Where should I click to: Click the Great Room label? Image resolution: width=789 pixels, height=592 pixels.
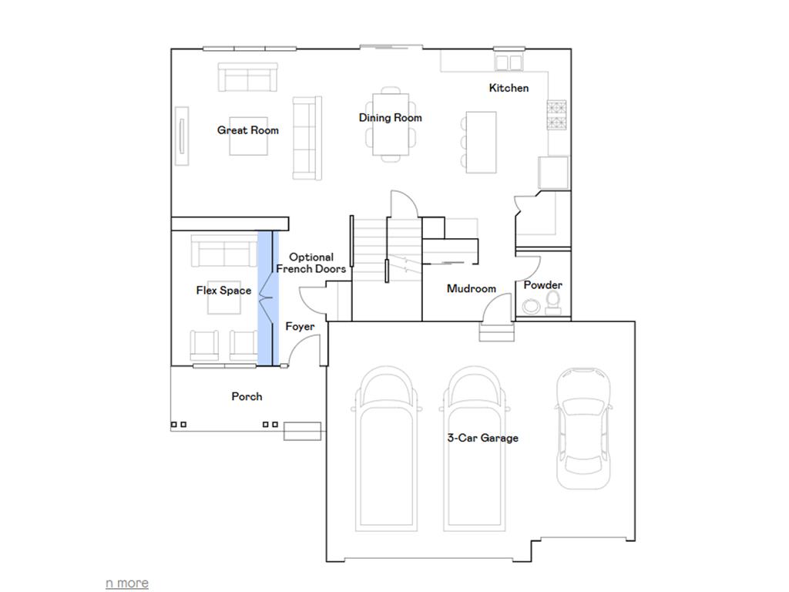tap(247, 130)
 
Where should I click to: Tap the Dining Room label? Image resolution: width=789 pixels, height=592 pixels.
tap(390, 118)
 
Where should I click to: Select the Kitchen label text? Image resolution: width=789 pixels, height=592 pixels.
tap(509, 88)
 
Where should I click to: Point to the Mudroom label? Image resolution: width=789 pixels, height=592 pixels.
tap(472, 288)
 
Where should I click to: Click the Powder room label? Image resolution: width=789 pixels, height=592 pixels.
tap(543, 285)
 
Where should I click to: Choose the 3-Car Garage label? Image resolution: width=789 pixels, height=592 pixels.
tap(482, 438)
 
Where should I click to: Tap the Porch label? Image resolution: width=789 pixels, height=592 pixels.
tap(247, 397)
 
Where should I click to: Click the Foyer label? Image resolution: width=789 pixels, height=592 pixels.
tap(300, 327)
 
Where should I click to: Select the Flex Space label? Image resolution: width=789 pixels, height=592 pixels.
tap(223, 291)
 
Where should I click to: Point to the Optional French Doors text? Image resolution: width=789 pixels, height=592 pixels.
tap(311, 263)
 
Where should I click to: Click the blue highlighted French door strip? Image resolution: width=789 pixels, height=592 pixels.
tap(268, 298)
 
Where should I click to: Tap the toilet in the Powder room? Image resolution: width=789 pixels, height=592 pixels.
tap(553, 302)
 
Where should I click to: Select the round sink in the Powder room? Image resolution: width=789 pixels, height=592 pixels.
tap(530, 305)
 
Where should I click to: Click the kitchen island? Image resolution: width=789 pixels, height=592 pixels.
tap(481, 143)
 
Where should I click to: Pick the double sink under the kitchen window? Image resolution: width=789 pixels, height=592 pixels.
tap(509, 62)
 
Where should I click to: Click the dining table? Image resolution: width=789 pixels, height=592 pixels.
tap(391, 124)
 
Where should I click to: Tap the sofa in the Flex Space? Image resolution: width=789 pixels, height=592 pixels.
tap(224, 251)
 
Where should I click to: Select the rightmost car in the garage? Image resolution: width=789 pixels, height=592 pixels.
tap(583, 429)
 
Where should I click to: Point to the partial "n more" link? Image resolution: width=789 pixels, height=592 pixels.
tap(127, 583)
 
